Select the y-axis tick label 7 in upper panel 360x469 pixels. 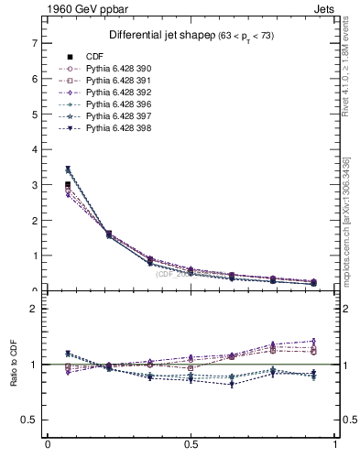pos(34,43)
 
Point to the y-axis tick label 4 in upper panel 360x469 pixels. pos(34,149)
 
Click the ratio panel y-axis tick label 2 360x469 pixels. pos(34,309)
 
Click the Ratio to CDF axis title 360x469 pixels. pos(12,377)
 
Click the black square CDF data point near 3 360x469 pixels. pos(68,185)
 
